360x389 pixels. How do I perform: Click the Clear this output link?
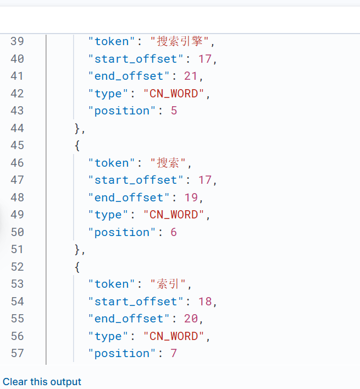tap(42, 382)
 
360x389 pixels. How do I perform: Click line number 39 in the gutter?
tap(17, 41)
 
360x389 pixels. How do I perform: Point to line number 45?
tap(17, 145)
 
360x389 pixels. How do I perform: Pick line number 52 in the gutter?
tap(17, 267)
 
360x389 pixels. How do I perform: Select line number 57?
tap(17, 353)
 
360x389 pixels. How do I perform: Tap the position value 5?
tap(174, 111)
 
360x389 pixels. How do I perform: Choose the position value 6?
tap(174, 232)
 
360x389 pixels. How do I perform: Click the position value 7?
tap(174, 353)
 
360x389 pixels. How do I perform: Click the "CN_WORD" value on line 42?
tap(174, 94)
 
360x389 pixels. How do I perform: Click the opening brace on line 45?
tap(77, 145)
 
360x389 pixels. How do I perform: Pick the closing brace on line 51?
tap(77, 249)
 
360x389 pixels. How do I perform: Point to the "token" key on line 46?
tap(112, 163)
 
